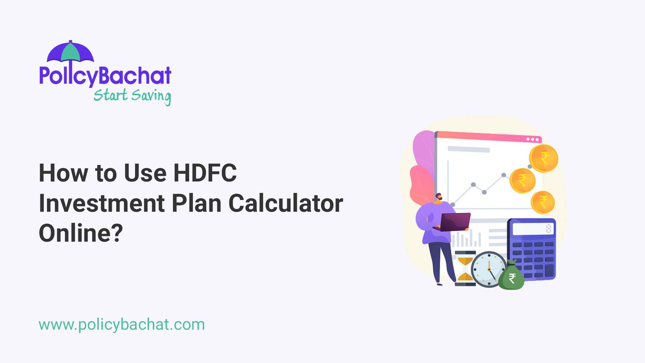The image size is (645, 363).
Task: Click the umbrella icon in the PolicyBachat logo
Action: (70, 52)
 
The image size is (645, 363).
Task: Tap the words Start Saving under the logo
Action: (132, 96)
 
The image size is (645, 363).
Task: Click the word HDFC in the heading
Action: (205, 173)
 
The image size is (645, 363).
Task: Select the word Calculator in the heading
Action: (286, 203)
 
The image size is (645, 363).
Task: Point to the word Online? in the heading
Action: (81, 233)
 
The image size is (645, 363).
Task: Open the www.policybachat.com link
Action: (122, 325)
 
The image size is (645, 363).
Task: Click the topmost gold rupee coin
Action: (544, 158)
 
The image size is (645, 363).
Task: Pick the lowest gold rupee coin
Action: (543, 202)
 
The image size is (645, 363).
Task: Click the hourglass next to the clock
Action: (465, 268)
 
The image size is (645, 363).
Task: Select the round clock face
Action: (488, 269)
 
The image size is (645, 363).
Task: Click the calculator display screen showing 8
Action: (533, 229)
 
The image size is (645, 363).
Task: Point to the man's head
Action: (438, 197)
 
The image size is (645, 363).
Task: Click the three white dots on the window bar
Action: (532, 139)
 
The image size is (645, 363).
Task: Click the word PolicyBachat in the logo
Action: (105, 76)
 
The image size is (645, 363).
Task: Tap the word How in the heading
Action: (63, 173)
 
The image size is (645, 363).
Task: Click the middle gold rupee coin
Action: (522, 180)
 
